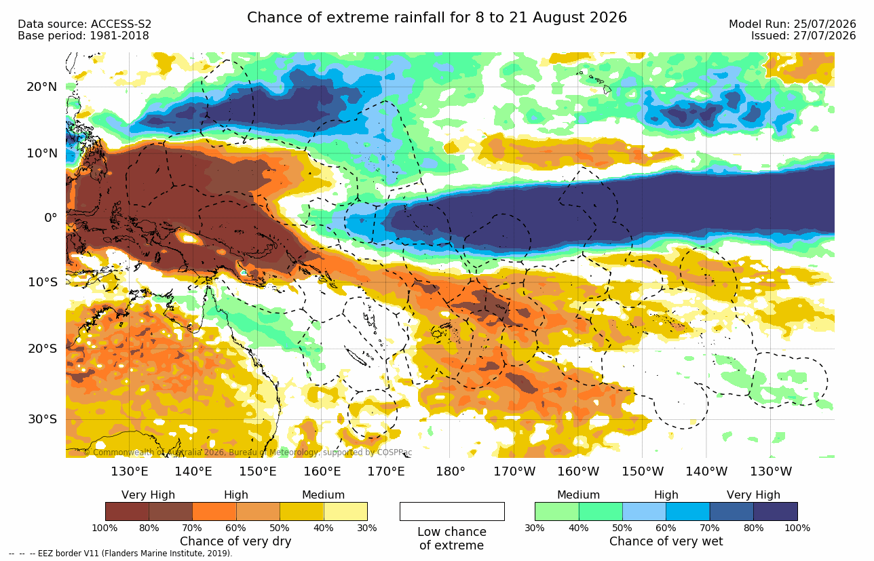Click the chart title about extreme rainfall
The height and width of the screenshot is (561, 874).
point(436,18)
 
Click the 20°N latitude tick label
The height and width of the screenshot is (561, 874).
point(42,87)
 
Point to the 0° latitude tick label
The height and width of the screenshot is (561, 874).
point(50,218)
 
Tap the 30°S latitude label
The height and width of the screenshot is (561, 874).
point(43,419)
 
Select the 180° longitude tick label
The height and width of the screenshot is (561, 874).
point(451,471)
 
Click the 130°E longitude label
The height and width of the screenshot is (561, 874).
point(129,471)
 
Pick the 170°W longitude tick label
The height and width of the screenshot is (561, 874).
point(514,471)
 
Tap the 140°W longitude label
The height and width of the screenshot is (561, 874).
point(706,471)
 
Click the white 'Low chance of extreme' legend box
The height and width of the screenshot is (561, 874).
point(452,511)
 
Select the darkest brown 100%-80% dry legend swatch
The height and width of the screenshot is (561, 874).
point(127,511)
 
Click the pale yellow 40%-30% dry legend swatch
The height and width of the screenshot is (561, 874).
point(345,511)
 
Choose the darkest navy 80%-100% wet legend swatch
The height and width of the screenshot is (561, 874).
point(776,511)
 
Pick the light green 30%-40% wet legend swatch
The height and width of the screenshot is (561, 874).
point(557,511)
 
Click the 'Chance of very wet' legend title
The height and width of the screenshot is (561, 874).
point(666,541)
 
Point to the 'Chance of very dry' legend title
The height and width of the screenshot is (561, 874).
point(235,541)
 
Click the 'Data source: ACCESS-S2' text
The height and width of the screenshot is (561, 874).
point(84,24)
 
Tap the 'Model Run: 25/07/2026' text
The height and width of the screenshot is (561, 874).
point(793,24)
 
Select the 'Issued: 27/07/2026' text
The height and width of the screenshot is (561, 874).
point(803,35)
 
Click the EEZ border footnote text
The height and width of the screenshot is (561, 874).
point(121,553)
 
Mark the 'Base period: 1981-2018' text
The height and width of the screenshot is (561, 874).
point(83,35)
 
